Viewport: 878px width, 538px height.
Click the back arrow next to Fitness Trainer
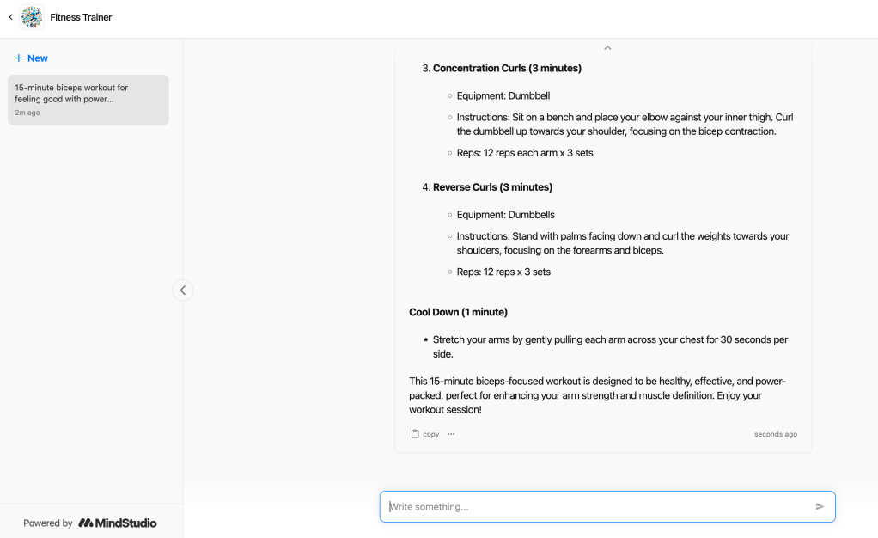10,17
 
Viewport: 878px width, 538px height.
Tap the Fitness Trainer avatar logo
32,17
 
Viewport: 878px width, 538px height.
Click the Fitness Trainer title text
81,17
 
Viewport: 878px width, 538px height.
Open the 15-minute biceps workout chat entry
88,99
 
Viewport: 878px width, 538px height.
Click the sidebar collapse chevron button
182,290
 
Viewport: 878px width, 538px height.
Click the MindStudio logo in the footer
118,523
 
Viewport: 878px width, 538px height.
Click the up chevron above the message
607,48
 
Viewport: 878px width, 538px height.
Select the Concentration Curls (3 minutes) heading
507,68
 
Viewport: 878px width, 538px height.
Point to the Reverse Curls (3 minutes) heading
492,186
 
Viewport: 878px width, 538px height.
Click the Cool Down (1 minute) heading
458,312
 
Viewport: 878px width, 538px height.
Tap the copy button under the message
425,434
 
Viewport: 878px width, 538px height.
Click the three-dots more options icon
451,434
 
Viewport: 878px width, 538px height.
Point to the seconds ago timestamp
775,434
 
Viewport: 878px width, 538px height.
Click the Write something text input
597,507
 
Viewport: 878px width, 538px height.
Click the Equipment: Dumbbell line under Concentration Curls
503,95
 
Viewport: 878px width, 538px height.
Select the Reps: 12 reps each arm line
525,153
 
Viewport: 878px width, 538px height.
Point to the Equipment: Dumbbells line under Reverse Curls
505,215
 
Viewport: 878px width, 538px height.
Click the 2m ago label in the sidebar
27,113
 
